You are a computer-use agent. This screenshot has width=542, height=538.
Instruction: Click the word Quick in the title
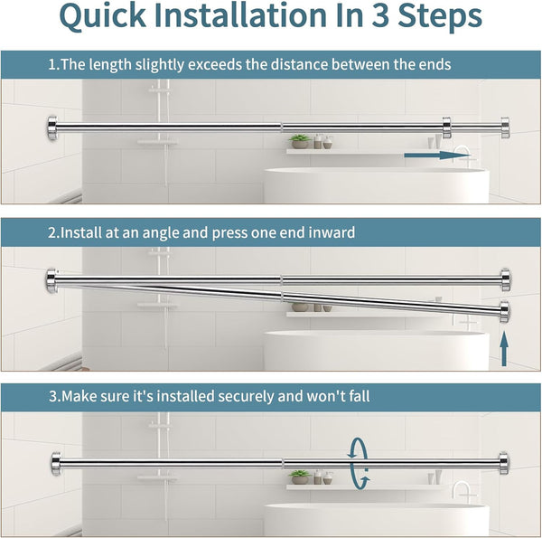103,16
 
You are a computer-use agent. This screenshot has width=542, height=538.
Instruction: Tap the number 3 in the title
380,15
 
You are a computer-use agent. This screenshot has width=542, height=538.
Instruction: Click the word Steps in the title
440,16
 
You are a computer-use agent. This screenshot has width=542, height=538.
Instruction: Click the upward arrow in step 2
504,348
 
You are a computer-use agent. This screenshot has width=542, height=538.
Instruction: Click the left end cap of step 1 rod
52,128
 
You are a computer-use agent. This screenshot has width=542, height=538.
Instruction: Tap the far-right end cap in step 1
505,128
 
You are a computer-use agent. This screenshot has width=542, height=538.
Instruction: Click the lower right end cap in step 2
504,312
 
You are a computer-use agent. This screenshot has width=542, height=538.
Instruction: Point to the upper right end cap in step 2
505,280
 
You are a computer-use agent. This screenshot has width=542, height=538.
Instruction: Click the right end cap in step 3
504,463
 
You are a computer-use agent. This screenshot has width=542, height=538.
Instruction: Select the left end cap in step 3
56,463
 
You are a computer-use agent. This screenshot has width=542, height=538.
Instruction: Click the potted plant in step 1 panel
300,141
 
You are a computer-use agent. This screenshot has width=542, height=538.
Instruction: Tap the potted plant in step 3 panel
300,477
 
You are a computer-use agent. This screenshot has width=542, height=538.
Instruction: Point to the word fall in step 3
359,396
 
